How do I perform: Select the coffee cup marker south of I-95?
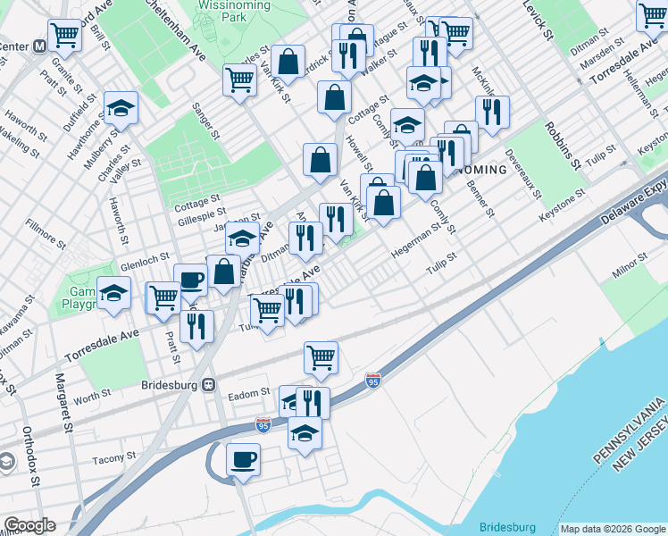click(x=243, y=459)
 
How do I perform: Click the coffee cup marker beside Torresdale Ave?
click(x=190, y=280)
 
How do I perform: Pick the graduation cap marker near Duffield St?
click(x=121, y=107)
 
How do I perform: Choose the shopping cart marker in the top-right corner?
click(x=652, y=15)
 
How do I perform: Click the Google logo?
click(x=29, y=525)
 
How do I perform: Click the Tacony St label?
click(x=113, y=457)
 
